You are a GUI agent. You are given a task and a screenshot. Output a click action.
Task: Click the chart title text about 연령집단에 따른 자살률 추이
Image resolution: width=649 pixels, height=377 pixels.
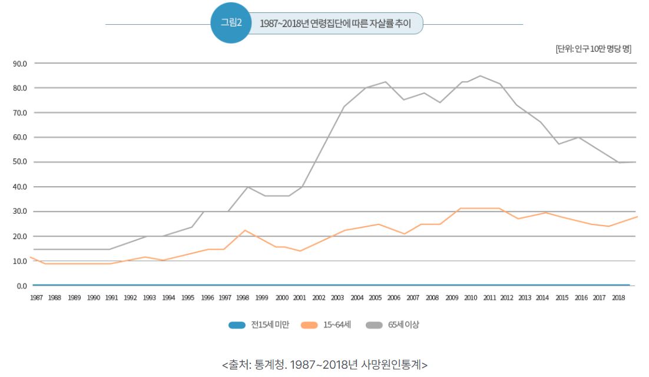(335, 24)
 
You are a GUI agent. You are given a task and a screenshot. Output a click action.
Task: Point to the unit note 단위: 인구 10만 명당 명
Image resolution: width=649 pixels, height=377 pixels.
(593, 49)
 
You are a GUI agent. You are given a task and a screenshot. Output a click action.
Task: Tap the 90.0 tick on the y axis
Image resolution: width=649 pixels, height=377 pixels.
(19, 63)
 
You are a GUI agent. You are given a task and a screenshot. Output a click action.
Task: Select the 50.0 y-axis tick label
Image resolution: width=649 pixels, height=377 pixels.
(19, 162)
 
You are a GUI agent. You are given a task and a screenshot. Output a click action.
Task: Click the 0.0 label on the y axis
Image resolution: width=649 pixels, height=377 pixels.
(21, 286)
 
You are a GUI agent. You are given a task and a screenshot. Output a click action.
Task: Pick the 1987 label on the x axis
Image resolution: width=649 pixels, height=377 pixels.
(36, 298)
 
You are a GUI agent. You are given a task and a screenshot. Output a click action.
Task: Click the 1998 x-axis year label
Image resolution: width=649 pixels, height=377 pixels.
(243, 298)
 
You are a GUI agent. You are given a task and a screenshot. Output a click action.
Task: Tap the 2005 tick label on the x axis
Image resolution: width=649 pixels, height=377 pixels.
(375, 298)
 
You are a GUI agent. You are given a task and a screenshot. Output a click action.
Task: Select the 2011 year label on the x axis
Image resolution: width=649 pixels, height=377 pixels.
(489, 298)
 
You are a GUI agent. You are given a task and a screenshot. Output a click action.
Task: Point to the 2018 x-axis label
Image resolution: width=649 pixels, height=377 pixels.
(618, 298)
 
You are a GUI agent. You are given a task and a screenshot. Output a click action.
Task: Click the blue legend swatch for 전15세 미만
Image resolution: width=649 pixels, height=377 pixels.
(236, 325)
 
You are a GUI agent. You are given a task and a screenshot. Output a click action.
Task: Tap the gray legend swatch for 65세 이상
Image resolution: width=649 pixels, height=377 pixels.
(374, 325)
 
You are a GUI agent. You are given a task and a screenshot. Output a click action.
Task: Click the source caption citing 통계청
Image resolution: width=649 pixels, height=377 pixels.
(324, 365)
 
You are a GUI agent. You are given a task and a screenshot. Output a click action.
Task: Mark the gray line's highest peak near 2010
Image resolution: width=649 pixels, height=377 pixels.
(480, 75)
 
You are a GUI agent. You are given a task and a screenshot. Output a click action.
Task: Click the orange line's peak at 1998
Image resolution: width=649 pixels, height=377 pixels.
(245, 230)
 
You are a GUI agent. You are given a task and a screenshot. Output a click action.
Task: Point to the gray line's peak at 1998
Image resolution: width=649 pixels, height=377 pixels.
(247, 187)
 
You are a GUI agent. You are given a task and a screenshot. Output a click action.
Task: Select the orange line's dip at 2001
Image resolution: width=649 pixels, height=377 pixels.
(300, 251)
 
